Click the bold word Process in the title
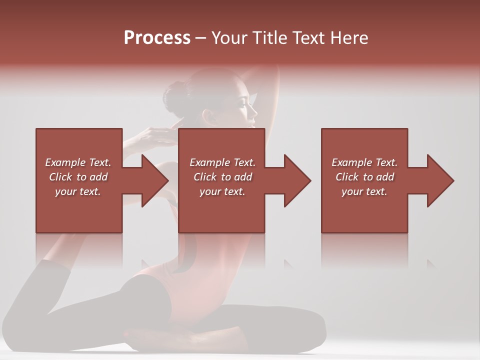click(157, 38)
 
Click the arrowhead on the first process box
click(152, 180)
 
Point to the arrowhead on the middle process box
click(295, 180)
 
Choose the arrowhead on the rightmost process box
click(438, 180)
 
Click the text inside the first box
click(78, 177)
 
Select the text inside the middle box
click(222, 177)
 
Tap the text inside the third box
click(364, 177)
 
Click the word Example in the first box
click(65, 162)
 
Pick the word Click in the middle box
click(204, 177)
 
